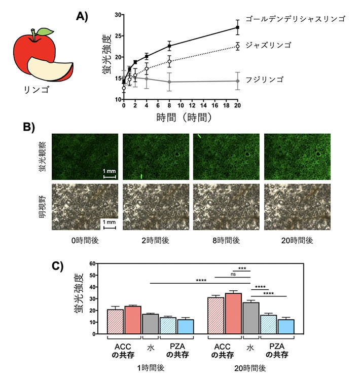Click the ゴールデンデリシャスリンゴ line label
[x=295, y=19]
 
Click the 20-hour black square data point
[x=238, y=27]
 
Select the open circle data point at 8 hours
[x=169, y=61]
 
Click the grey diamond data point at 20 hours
[x=238, y=81]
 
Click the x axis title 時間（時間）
[x=180, y=118]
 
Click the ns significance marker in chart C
[x=233, y=274]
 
